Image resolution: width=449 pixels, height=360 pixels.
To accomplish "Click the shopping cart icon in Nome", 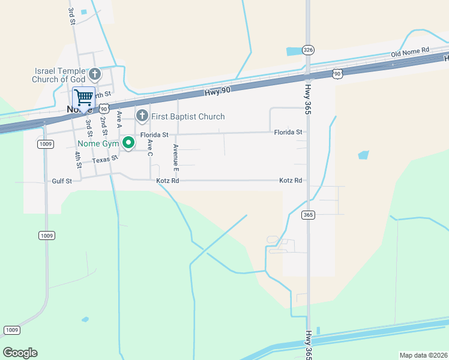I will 83,97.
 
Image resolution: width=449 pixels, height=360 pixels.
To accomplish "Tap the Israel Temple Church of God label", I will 59,75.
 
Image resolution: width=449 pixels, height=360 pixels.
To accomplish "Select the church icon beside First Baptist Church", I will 142,115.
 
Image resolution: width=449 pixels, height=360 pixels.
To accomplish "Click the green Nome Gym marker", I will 128,143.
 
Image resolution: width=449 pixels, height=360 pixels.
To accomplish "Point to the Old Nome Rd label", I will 410,53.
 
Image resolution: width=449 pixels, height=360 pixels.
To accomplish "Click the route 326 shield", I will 308,50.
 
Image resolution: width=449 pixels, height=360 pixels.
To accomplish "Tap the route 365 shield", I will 309,215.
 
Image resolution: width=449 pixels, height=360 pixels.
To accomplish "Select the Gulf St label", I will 62,181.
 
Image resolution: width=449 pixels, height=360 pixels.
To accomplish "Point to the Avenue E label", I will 176,155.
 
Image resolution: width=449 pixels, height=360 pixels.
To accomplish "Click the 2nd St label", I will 104,128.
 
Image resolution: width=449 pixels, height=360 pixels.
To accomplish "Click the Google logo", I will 20,353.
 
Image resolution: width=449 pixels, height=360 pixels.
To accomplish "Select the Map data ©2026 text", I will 423,355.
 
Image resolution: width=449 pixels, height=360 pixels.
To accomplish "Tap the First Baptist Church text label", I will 188,116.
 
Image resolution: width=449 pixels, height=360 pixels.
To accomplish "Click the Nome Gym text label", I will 98,143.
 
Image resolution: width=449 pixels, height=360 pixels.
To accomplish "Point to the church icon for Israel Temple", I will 95,75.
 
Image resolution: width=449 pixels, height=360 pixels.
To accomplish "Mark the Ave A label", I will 119,119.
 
